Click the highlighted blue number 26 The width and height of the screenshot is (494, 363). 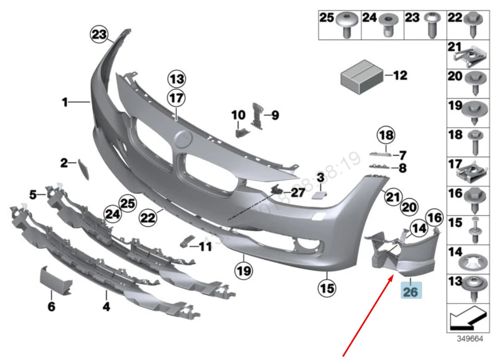point(411,292)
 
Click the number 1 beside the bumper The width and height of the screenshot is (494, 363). point(65,103)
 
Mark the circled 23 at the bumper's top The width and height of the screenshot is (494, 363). point(98,35)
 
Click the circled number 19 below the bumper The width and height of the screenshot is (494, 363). point(243,271)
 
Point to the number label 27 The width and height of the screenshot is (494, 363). point(297,193)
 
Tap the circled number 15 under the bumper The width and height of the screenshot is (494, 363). point(328,287)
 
